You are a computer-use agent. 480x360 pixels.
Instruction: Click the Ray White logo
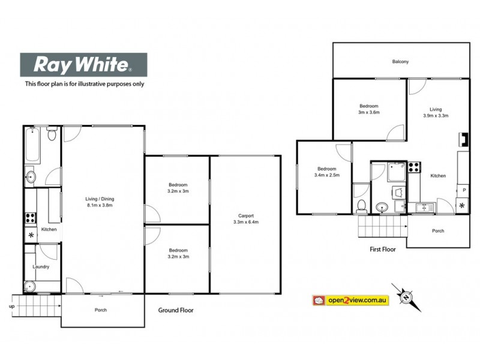click(x=84, y=64)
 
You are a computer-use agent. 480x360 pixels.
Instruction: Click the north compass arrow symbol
click(x=406, y=296)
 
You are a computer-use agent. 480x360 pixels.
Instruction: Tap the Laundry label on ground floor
click(x=41, y=266)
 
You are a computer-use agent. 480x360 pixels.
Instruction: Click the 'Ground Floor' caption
click(x=176, y=310)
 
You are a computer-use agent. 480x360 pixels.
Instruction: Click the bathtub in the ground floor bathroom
click(x=32, y=146)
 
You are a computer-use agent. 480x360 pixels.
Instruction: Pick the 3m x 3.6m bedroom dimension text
click(x=369, y=112)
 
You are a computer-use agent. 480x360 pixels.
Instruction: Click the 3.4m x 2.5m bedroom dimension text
click(x=326, y=175)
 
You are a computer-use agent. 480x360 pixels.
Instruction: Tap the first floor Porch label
click(x=438, y=231)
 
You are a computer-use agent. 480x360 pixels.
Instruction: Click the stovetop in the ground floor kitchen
click(x=31, y=217)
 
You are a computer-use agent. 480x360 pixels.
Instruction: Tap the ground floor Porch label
click(x=101, y=310)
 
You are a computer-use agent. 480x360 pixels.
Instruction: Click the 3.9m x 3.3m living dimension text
click(x=436, y=115)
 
